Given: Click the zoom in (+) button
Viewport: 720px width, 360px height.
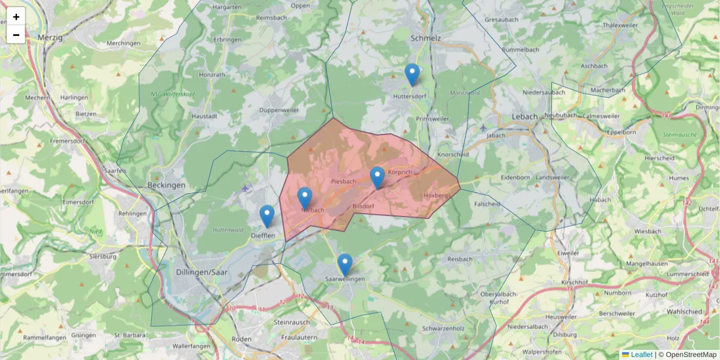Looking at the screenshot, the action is [x=16, y=17].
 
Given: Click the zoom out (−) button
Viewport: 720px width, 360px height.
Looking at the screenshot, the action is [x=16, y=35].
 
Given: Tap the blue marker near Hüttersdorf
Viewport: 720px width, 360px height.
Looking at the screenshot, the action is [x=412, y=75].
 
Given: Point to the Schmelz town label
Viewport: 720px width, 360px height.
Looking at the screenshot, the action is [x=426, y=38].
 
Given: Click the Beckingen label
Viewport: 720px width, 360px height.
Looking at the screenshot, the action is [x=166, y=185].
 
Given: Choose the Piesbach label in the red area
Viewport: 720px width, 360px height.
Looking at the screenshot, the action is [x=344, y=181].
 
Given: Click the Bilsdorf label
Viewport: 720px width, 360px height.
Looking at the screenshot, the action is [x=364, y=206].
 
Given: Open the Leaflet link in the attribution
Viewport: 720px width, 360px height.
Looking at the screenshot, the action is [x=641, y=355].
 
